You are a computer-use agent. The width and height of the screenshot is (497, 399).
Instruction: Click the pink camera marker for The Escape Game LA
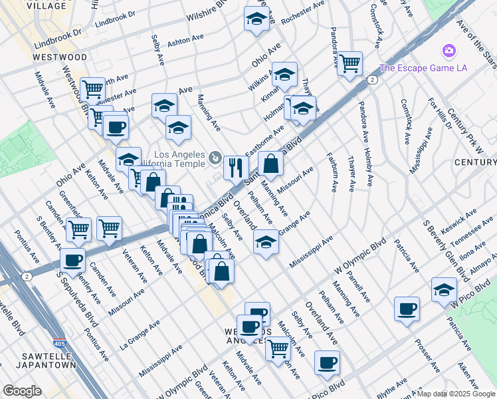448,51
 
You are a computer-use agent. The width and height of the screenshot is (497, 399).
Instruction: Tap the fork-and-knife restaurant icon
235,167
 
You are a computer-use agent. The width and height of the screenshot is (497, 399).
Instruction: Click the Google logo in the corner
22,391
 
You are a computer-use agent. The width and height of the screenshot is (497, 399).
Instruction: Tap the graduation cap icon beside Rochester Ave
256,19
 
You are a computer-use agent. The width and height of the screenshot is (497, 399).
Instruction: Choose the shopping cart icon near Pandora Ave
349,64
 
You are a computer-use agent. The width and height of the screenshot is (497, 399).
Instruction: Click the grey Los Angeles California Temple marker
215,158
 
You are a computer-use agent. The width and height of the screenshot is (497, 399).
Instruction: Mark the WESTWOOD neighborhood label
60,57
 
